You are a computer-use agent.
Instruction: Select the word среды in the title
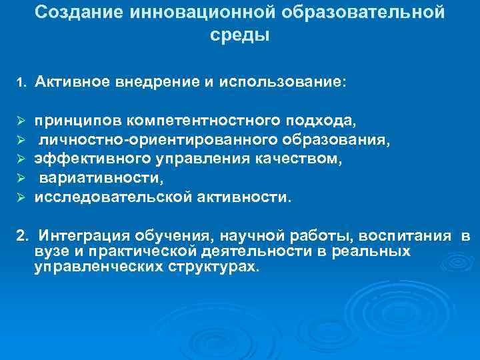(240, 35)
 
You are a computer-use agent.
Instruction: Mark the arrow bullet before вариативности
(21, 179)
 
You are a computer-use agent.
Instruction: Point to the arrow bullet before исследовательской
(21, 198)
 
